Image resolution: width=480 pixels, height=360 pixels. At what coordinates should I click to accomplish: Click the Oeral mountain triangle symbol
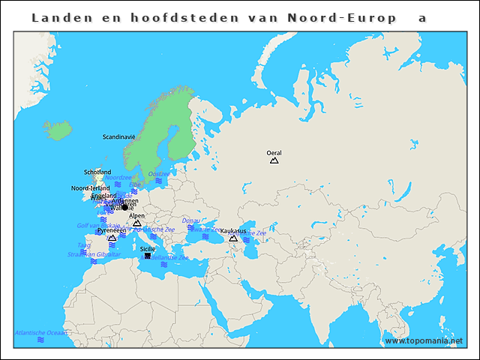(274, 160)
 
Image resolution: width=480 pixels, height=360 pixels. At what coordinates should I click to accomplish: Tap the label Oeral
(274, 152)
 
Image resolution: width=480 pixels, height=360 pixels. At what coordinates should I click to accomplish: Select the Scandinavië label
(118, 137)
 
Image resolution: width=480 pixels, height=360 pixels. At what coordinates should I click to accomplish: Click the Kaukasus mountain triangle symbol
(233, 238)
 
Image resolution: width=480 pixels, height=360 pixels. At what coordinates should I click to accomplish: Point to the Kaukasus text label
(233, 231)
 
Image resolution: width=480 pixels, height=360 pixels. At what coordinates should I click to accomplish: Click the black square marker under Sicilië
(147, 256)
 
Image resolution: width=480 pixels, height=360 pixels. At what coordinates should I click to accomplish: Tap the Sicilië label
(148, 248)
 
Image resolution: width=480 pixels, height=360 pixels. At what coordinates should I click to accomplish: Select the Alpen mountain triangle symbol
(136, 223)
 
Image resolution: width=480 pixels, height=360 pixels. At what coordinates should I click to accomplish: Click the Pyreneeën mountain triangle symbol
(112, 238)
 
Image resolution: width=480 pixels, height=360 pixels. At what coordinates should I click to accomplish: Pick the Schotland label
(97, 172)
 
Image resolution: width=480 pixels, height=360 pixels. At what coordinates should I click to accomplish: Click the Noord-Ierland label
(90, 188)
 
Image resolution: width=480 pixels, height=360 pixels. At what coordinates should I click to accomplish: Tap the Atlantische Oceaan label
(41, 332)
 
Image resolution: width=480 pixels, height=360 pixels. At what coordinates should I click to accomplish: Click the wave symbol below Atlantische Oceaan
(41, 340)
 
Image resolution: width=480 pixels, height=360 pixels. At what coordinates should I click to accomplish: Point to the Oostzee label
(159, 173)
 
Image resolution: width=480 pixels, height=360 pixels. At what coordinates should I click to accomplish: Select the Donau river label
(190, 220)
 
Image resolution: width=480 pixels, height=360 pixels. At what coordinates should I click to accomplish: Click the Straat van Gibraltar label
(94, 254)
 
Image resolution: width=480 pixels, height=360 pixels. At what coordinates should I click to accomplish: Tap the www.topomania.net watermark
(424, 340)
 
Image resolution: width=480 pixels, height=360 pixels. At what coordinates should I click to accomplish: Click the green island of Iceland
(58, 130)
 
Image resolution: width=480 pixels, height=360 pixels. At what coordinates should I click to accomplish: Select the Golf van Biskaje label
(97, 225)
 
